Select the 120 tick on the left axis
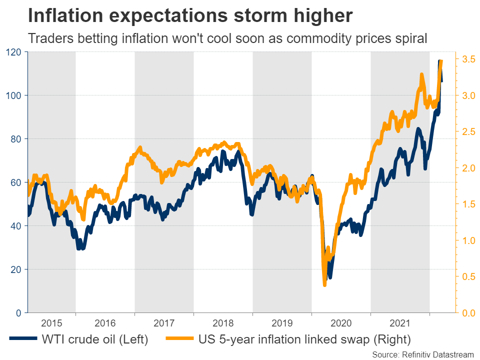coord(13,52)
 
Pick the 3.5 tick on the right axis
coord(469,59)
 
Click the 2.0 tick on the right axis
coord(469,168)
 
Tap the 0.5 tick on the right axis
coord(469,276)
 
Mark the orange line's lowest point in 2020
coord(324,284)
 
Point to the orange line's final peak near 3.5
coord(440,61)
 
